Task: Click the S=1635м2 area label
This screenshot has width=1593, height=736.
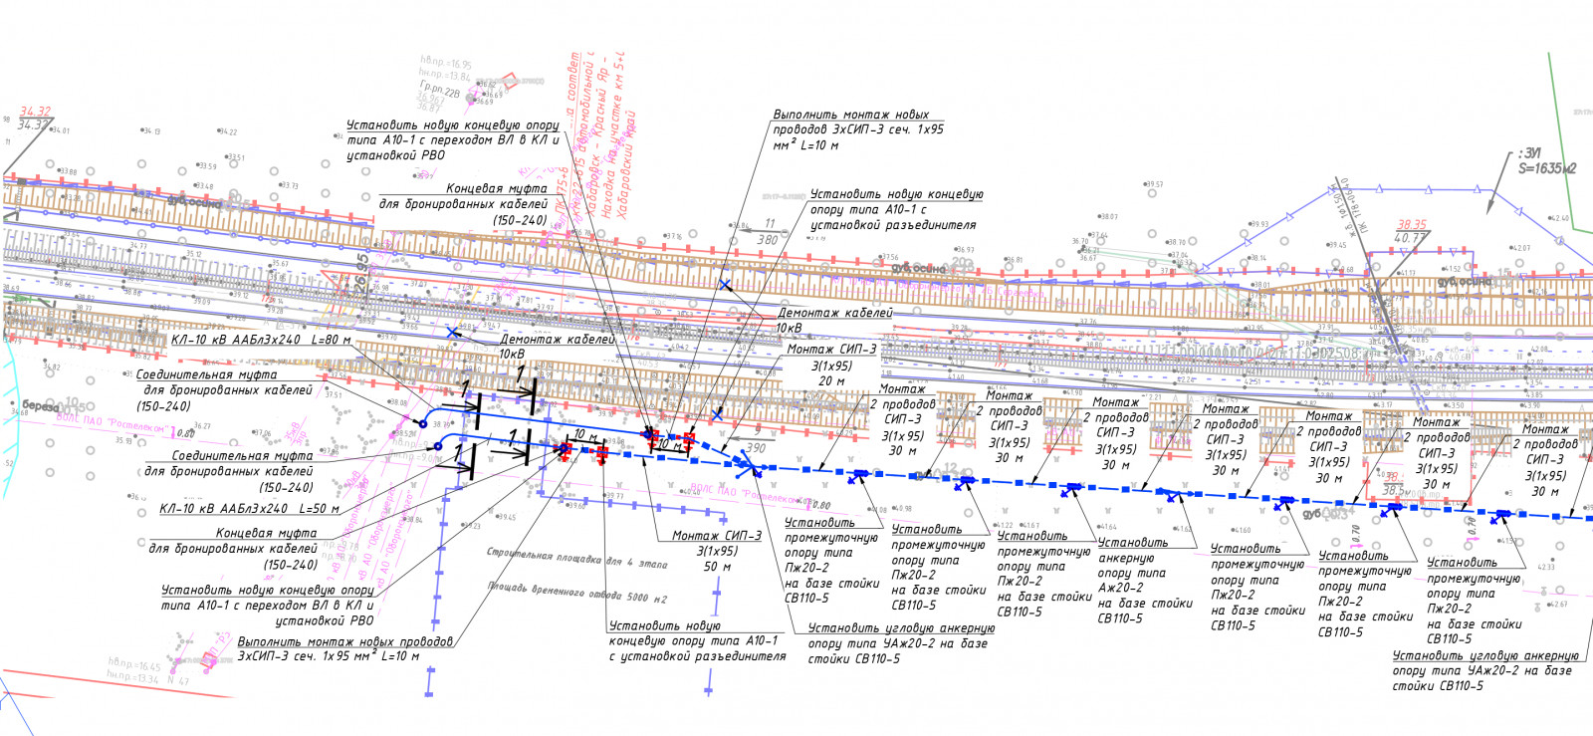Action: (1547, 169)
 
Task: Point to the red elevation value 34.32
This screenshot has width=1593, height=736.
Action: (35, 113)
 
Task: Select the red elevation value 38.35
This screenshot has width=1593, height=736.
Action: (1412, 225)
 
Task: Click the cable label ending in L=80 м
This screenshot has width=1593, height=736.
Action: (261, 340)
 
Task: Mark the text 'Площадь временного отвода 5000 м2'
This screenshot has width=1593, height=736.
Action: (577, 592)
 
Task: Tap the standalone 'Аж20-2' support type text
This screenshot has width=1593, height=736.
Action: (1120, 588)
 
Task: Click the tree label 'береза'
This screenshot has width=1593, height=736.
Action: (42, 406)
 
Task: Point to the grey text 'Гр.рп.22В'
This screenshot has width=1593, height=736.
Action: (439, 89)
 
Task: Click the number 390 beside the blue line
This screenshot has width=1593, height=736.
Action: (757, 448)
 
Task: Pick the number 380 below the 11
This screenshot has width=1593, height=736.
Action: (767, 240)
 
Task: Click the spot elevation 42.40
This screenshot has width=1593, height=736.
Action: (1559, 218)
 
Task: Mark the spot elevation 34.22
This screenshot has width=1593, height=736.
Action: (228, 131)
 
